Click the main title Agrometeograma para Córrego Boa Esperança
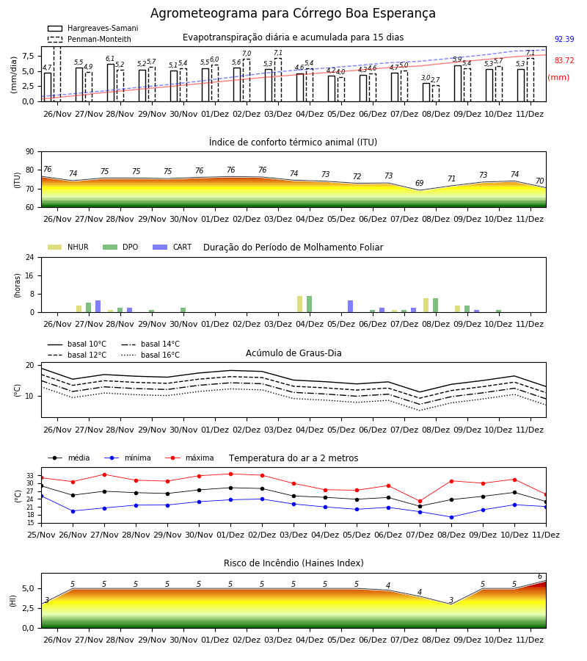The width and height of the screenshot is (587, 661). [293, 13]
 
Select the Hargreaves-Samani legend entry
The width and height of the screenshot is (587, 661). [93, 28]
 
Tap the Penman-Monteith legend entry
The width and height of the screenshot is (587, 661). [90, 39]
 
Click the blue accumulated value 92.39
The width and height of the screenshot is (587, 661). [564, 39]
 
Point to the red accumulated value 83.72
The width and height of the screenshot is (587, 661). [564, 60]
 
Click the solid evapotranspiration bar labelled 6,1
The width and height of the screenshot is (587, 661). [111, 82]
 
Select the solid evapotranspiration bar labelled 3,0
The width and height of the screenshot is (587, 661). [426, 93]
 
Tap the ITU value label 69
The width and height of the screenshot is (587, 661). [420, 183]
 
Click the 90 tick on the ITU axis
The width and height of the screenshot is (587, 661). [30, 152]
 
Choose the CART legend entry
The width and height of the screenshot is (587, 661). [172, 247]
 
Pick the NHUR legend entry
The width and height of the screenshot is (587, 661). [68, 247]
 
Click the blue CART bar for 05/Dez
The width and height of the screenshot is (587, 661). [350, 306]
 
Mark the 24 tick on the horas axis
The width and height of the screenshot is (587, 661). [30, 257]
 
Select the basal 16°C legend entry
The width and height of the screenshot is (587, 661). [150, 355]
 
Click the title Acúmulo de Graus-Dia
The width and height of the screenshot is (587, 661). [293, 353]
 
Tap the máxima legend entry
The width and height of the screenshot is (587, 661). [190, 458]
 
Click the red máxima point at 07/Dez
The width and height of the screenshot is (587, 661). [420, 501]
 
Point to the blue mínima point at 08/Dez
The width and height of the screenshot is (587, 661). [451, 517]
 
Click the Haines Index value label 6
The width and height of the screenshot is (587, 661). [540, 577]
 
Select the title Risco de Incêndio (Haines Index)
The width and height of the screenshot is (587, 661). [293, 563]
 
